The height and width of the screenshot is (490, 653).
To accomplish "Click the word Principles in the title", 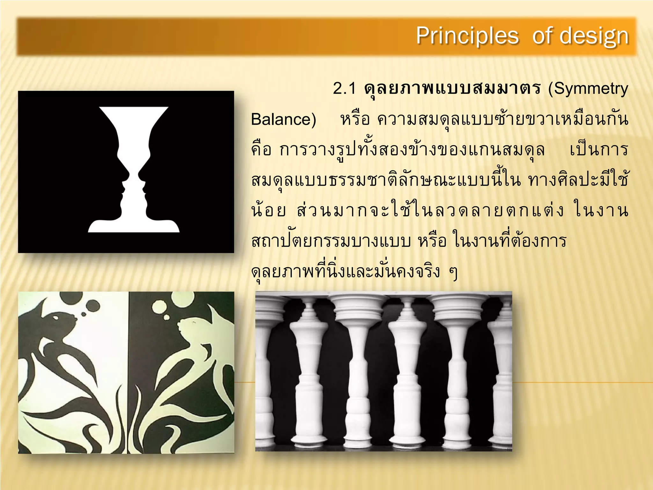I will pyautogui.click(x=467, y=36).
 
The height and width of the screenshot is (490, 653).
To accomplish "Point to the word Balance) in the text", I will pyautogui.click(x=283, y=119).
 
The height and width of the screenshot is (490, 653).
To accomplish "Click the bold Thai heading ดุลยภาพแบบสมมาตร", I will pyautogui.click(x=452, y=88).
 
